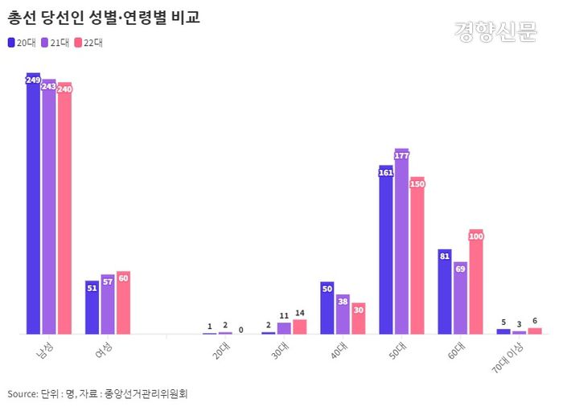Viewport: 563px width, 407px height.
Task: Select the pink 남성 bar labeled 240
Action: (64, 209)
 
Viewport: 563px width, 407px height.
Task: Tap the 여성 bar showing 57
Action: (108, 304)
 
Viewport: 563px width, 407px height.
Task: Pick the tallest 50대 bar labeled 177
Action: (401, 241)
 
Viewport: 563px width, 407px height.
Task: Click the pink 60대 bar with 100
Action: (476, 282)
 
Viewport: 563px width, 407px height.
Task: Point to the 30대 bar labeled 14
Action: (299, 327)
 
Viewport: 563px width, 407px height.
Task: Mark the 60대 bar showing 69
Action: (460, 298)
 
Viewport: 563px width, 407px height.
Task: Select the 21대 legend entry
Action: (54, 43)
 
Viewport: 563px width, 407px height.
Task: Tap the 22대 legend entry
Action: (87, 43)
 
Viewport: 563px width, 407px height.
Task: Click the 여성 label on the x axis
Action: (103, 350)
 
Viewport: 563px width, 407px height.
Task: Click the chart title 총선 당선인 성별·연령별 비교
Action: (105, 17)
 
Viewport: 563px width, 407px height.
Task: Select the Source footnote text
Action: (97, 393)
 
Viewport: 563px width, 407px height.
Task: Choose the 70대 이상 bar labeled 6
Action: (535, 331)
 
